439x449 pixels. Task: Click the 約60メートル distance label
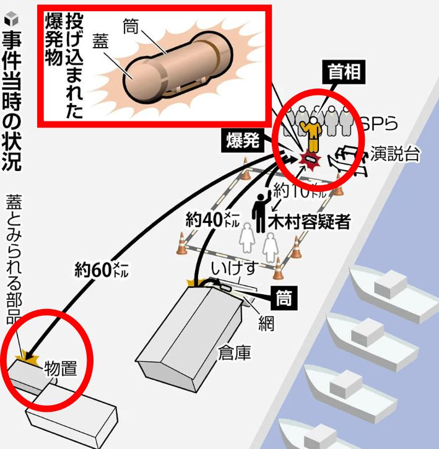click(101, 269)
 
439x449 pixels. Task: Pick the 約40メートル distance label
click(209, 219)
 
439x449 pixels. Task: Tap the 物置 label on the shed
click(60, 370)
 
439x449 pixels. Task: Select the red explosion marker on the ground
click(309, 160)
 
